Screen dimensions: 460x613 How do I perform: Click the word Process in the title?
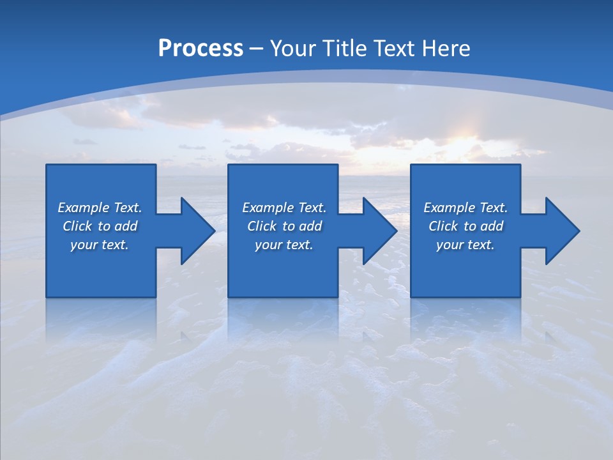pos(201,49)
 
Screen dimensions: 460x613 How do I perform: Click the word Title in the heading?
pos(344,49)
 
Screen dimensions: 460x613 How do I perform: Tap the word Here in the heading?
pos(446,49)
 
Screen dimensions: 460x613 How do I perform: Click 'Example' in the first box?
pos(84,208)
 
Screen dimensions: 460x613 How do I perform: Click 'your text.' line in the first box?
pos(100,245)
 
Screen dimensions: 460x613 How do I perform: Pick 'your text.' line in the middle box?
pos(284,245)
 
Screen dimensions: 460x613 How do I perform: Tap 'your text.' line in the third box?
pos(465,245)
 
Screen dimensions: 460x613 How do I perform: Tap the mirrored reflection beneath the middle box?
pos(283,319)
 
